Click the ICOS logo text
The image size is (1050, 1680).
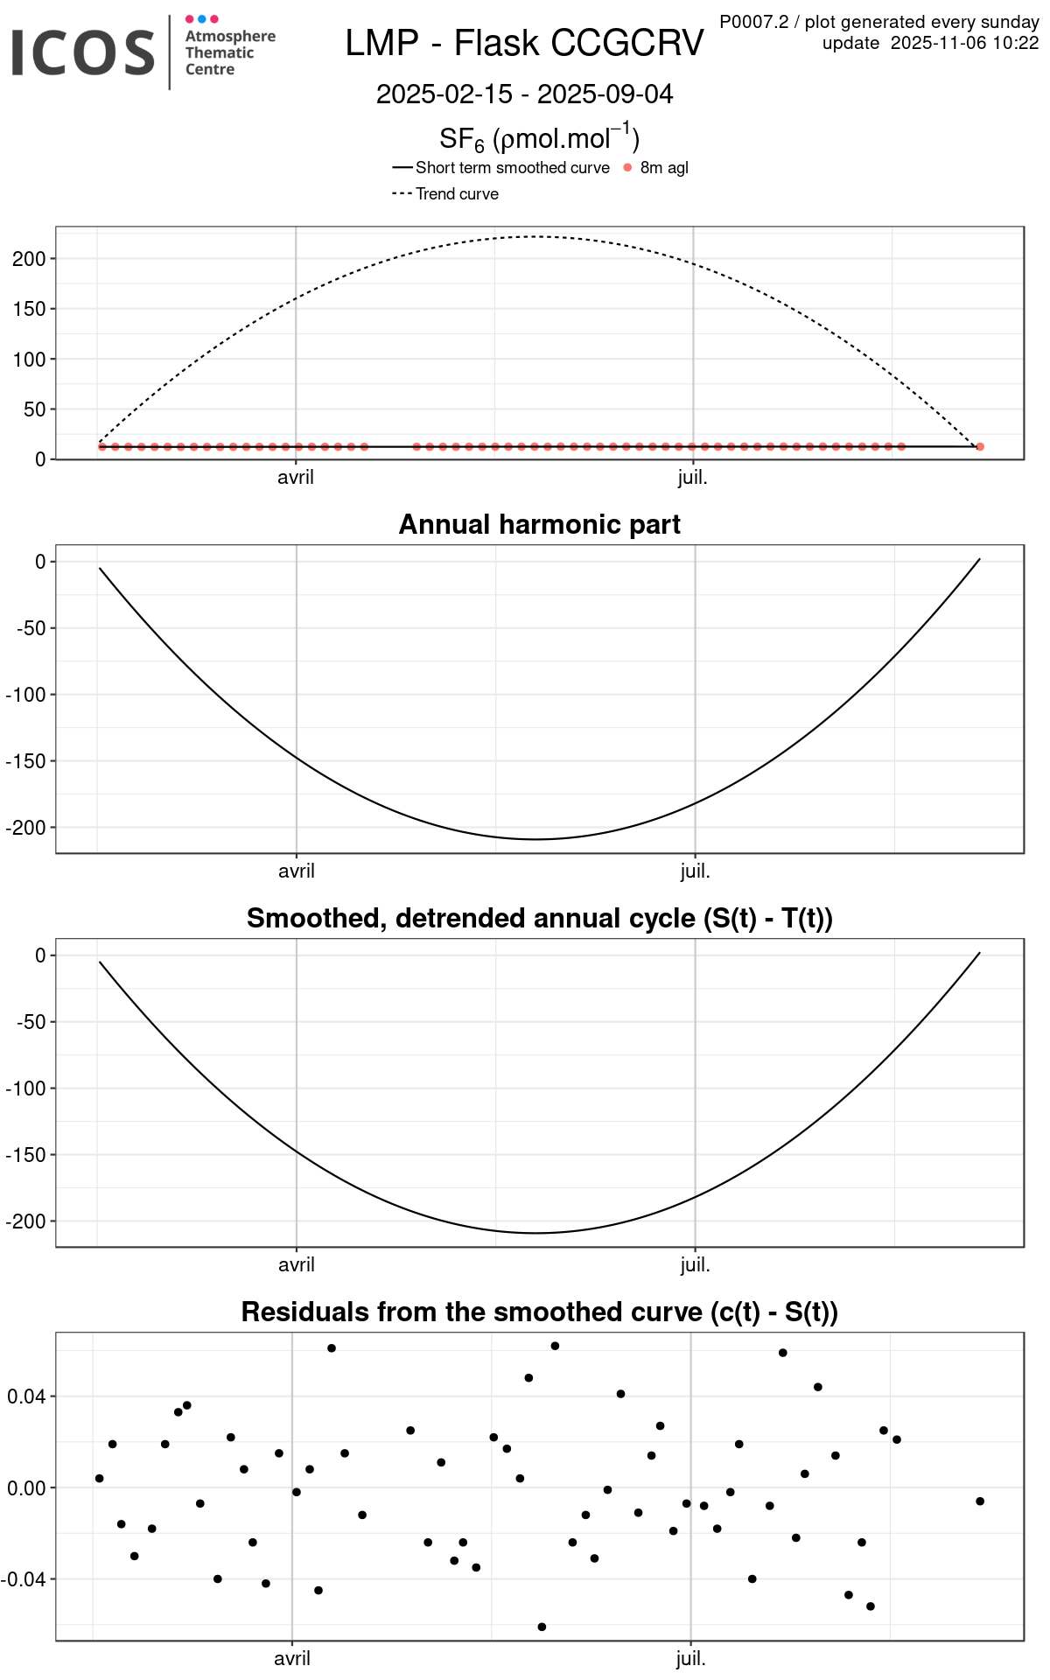coord(83,52)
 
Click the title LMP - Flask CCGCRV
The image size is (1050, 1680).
coord(524,43)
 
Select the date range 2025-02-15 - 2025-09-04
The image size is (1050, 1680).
coord(524,94)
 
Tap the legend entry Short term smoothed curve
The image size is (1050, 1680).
coord(512,168)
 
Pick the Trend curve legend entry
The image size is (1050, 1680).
coord(457,194)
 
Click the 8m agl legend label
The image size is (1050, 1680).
coord(664,168)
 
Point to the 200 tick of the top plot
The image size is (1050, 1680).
coord(29,259)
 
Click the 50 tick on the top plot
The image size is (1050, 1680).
coord(34,409)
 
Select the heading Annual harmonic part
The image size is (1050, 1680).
coord(539,524)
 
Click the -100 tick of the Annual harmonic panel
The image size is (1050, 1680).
coord(25,695)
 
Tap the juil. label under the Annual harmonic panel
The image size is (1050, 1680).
coord(695,871)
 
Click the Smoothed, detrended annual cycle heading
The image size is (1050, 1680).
coord(539,918)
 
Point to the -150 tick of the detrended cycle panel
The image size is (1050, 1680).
coord(25,1155)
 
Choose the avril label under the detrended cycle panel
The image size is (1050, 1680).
coord(296,1265)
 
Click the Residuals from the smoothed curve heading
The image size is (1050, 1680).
coord(539,1312)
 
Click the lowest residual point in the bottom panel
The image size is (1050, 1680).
coord(542,1627)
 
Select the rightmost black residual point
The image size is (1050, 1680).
coord(980,1501)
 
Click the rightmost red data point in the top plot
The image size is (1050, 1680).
coord(980,447)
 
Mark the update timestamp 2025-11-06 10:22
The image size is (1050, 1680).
coord(964,43)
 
